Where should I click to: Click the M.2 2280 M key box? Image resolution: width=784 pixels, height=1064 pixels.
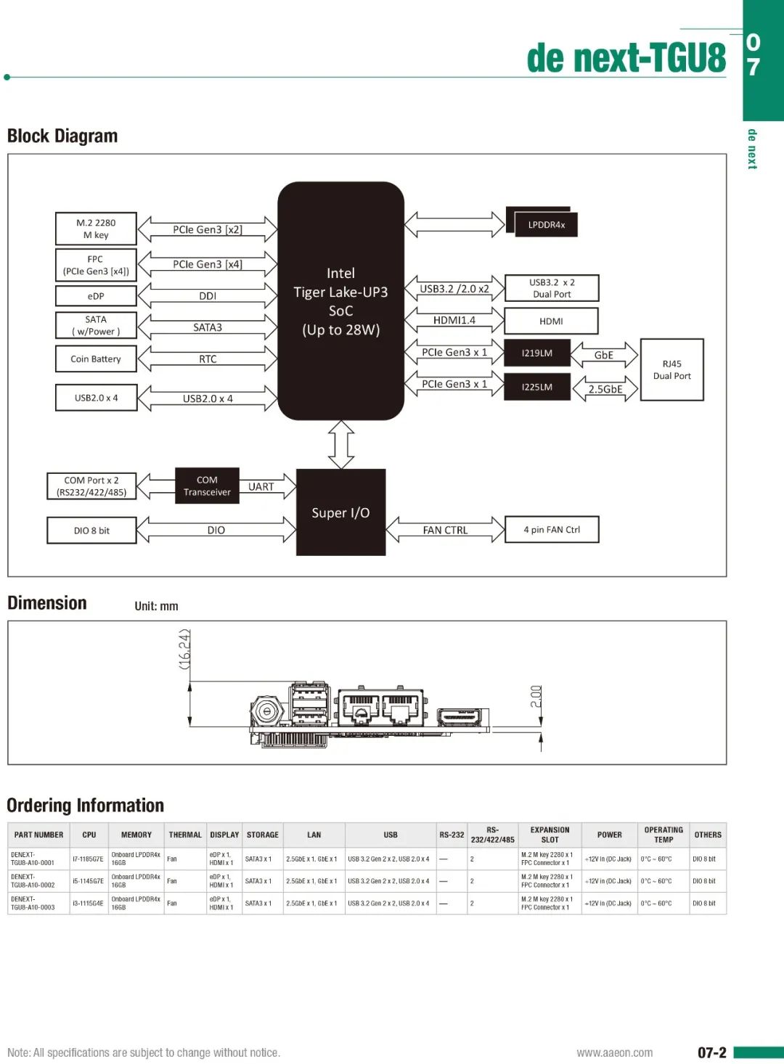[x=96, y=229]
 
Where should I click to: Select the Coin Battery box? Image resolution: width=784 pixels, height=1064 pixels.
[x=96, y=359]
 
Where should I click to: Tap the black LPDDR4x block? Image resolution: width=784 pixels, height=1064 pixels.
[x=545, y=224]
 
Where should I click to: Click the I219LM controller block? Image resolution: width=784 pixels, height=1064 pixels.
[x=536, y=353]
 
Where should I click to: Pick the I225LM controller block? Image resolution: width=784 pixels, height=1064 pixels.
[x=536, y=387]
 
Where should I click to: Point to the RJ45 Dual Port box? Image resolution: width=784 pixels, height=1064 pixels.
[x=671, y=369]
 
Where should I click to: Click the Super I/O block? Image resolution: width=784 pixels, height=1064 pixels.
[x=340, y=512]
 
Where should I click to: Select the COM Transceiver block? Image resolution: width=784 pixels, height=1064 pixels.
[x=207, y=486]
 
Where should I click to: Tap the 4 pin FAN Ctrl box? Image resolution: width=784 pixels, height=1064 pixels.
[x=552, y=530]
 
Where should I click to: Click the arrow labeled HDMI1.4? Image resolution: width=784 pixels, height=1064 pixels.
[x=454, y=320]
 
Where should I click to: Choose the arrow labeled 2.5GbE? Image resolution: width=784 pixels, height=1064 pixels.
[x=605, y=389]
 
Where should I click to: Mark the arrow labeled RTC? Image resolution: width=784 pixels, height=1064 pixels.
[x=208, y=359]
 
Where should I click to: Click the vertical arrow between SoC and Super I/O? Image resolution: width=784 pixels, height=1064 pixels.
[x=341, y=444]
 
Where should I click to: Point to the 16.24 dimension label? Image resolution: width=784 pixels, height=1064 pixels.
[x=184, y=649]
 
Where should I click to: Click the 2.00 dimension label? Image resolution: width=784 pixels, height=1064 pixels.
[x=536, y=697]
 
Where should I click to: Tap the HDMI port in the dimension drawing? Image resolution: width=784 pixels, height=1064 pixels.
[x=462, y=716]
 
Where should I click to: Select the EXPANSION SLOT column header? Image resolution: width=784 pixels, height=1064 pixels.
[x=550, y=835]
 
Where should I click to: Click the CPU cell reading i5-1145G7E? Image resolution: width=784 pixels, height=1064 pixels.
[x=88, y=881]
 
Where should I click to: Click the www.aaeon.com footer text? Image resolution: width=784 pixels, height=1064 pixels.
[x=614, y=1052]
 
